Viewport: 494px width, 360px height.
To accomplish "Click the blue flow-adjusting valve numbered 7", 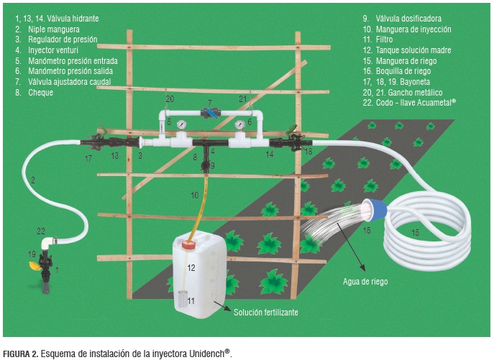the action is [x=210, y=113].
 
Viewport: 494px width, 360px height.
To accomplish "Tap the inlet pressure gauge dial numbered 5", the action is [x=181, y=124].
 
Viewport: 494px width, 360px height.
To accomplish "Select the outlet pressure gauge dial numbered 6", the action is [x=239, y=125].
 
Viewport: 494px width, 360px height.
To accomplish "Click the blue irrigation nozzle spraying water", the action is [x=375, y=209].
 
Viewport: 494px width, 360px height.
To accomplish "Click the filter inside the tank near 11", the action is [x=181, y=300].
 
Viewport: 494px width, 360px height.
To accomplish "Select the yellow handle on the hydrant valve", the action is [x=35, y=266].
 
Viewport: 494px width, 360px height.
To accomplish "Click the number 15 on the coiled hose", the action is [x=415, y=233].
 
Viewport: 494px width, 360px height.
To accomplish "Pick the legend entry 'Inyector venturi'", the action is [x=53, y=50].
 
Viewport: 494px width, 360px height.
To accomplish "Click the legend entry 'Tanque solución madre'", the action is [x=413, y=50].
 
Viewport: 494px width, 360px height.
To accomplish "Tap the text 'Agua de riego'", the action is [x=365, y=281].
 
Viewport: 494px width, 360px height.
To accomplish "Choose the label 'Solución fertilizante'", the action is [x=265, y=312].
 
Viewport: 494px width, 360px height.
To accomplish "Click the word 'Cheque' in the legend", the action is [x=41, y=93].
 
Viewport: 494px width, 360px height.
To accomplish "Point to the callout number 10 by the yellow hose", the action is [x=194, y=195].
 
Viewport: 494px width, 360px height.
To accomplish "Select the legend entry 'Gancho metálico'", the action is [x=415, y=92].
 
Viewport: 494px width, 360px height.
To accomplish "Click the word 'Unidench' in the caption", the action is [x=206, y=354].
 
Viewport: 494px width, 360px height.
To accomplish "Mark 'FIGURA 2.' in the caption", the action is [x=21, y=354].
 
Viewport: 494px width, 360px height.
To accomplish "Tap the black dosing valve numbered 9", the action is [x=206, y=165].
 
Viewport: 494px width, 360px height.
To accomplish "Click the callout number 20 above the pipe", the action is [x=170, y=99].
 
